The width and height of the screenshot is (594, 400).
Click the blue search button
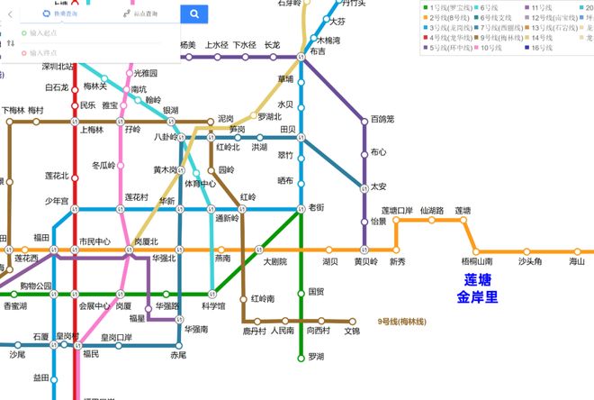click(193, 14)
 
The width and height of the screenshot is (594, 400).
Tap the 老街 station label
click(317, 207)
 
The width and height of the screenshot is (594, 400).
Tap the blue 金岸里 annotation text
click(477, 296)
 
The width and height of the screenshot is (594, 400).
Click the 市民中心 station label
click(94, 241)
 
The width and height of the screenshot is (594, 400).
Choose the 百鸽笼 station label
click(383, 119)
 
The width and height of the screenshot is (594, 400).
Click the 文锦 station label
click(352, 331)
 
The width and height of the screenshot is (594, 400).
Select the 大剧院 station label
click(274, 261)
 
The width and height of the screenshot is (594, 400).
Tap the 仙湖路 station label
click(432, 211)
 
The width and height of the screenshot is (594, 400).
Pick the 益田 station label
click(41, 377)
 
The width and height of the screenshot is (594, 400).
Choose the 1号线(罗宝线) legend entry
click(462, 6)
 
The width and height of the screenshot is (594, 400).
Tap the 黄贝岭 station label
click(365, 261)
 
